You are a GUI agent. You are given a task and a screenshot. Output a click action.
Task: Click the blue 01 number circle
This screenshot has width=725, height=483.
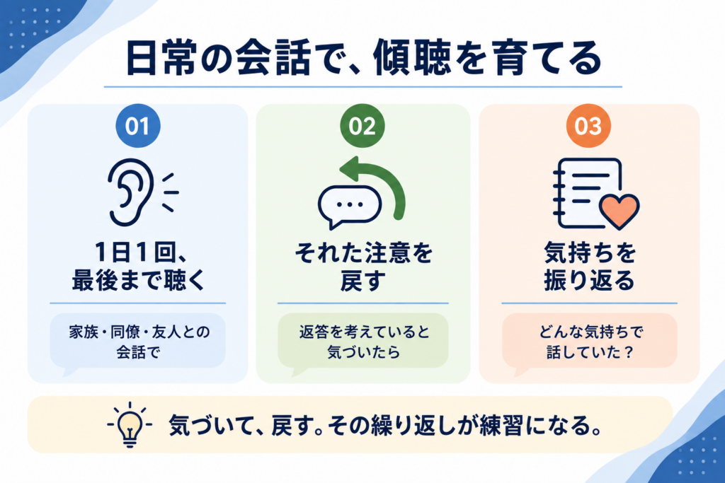138,126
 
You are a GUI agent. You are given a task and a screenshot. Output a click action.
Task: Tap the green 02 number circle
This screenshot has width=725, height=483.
362,126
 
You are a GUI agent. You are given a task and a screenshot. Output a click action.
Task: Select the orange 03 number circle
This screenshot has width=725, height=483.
588,126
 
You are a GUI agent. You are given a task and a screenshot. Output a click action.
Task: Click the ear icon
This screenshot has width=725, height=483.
130,192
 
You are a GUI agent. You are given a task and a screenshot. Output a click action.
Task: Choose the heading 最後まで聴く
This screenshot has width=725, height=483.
138,280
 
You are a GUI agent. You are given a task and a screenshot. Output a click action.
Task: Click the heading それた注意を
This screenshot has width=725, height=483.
363,252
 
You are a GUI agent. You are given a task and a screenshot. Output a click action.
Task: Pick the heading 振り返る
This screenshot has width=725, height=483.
589,280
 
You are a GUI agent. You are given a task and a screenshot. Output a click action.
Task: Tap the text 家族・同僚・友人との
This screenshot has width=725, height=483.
139,332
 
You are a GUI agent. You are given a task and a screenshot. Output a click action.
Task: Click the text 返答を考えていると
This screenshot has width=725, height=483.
364,332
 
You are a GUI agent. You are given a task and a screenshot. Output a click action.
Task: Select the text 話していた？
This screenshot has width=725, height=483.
589,352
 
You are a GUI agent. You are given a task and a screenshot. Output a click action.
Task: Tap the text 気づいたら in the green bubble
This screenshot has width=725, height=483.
363,352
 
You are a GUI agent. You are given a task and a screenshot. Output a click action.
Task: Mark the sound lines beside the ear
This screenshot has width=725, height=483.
170,192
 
